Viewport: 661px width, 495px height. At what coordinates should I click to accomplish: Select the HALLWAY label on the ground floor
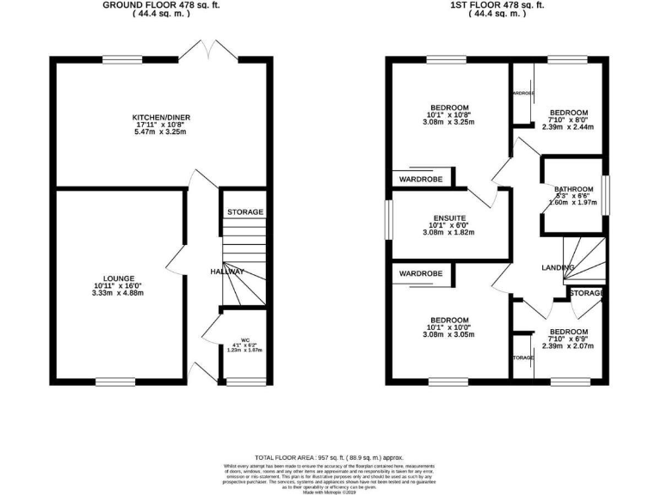(x=229, y=272)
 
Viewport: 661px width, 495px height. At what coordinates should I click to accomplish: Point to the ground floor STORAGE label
(x=244, y=212)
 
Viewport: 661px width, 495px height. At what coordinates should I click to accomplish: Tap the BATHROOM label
(x=573, y=189)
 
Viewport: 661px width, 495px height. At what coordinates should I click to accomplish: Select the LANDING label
(x=558, y=269)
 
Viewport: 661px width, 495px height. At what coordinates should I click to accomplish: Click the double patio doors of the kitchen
(x=211, y=50)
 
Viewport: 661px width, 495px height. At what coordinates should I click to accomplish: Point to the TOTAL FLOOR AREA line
(x=330, y=458)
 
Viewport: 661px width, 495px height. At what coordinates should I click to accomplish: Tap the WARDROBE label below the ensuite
(x=419, y=273)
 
